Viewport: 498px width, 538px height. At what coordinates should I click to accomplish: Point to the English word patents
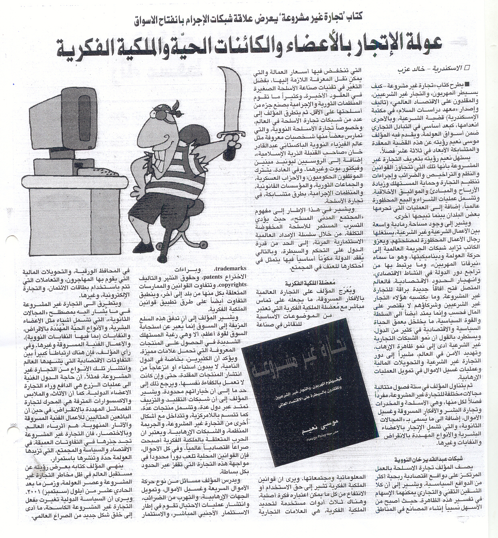(209, 277)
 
